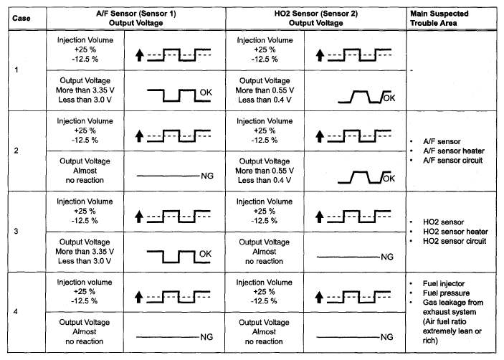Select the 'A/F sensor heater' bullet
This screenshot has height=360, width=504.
447,151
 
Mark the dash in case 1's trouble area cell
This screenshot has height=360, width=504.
412,71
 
